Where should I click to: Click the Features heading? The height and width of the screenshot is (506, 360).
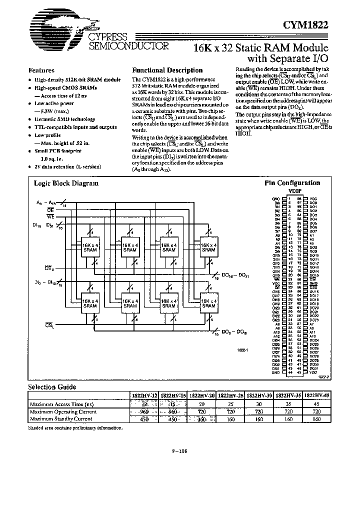[x=41, y=70]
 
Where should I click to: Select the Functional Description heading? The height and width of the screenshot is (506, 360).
[x=167, y=70]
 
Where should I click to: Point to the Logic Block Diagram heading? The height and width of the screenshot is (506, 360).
[x=66, y=183]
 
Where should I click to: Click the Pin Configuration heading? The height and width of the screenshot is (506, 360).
[x=292, y=183]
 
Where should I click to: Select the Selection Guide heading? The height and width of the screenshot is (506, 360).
[x=51, y=387]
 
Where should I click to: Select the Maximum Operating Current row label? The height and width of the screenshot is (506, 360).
[x=63, y=411]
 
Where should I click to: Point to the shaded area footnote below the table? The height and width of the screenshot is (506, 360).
[x=75, y=427]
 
